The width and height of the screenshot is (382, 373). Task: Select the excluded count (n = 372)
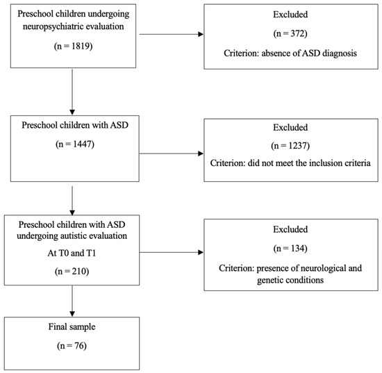click(292, 34)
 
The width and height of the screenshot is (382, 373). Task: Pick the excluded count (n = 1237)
click(292, 145)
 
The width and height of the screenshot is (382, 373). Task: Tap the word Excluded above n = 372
click(292, 17)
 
